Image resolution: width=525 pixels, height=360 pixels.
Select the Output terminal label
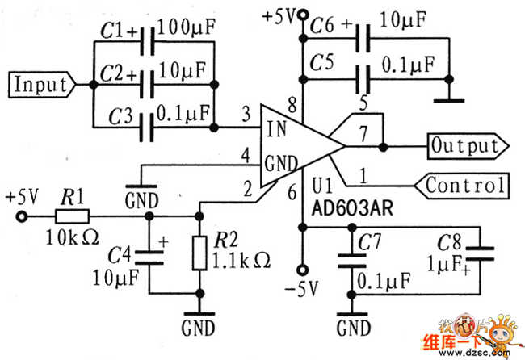(465, 146)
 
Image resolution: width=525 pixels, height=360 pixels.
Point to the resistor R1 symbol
(73, 216)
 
